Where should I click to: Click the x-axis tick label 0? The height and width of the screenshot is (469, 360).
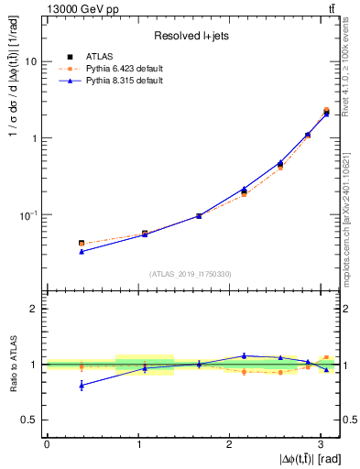pos(47,443)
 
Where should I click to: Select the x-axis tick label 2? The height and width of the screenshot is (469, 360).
pos(230,443)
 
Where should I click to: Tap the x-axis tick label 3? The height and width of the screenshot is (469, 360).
pos(322,443)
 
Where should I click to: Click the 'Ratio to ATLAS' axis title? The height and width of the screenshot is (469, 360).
pos(13,364)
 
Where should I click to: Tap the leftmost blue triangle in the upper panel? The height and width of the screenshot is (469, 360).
pos(82,251)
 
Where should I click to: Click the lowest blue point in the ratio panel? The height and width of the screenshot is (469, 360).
pos(82,386)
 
